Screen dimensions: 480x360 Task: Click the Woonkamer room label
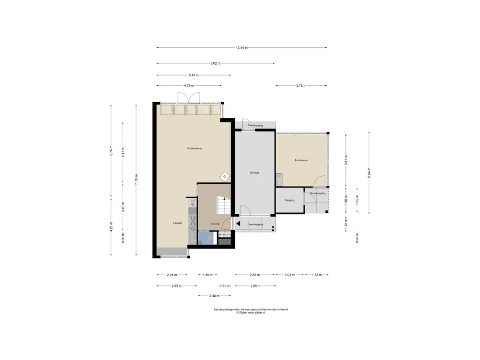pos(195,149)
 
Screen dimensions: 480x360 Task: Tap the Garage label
pos(255,172)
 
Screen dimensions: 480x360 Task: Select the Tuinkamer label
pos(301,160)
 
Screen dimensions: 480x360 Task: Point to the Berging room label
pos(290,200)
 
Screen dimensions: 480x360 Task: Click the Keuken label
pos(177,223)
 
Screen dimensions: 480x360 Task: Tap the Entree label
pos(215,224)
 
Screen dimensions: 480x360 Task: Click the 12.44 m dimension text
pos(241,48)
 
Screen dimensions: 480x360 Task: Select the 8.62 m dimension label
pos(216,63)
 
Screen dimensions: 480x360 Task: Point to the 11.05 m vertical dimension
pos(136,180)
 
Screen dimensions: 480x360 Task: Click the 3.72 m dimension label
pos(301,86)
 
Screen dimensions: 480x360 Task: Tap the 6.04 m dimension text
pos(369,172)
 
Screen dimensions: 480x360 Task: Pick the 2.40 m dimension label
pos(214,296)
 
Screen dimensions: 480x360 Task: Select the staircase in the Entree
pos(223,205)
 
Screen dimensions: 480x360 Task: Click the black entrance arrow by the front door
pos(238,224)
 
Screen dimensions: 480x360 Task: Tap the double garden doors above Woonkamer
pos(188,97)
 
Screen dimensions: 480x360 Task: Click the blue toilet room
pos(207,238)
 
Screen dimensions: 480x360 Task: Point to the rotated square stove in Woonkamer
pos(225,177)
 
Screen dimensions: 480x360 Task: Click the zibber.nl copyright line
pos(251,313)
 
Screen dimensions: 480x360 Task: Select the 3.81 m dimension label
pos(346,160)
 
